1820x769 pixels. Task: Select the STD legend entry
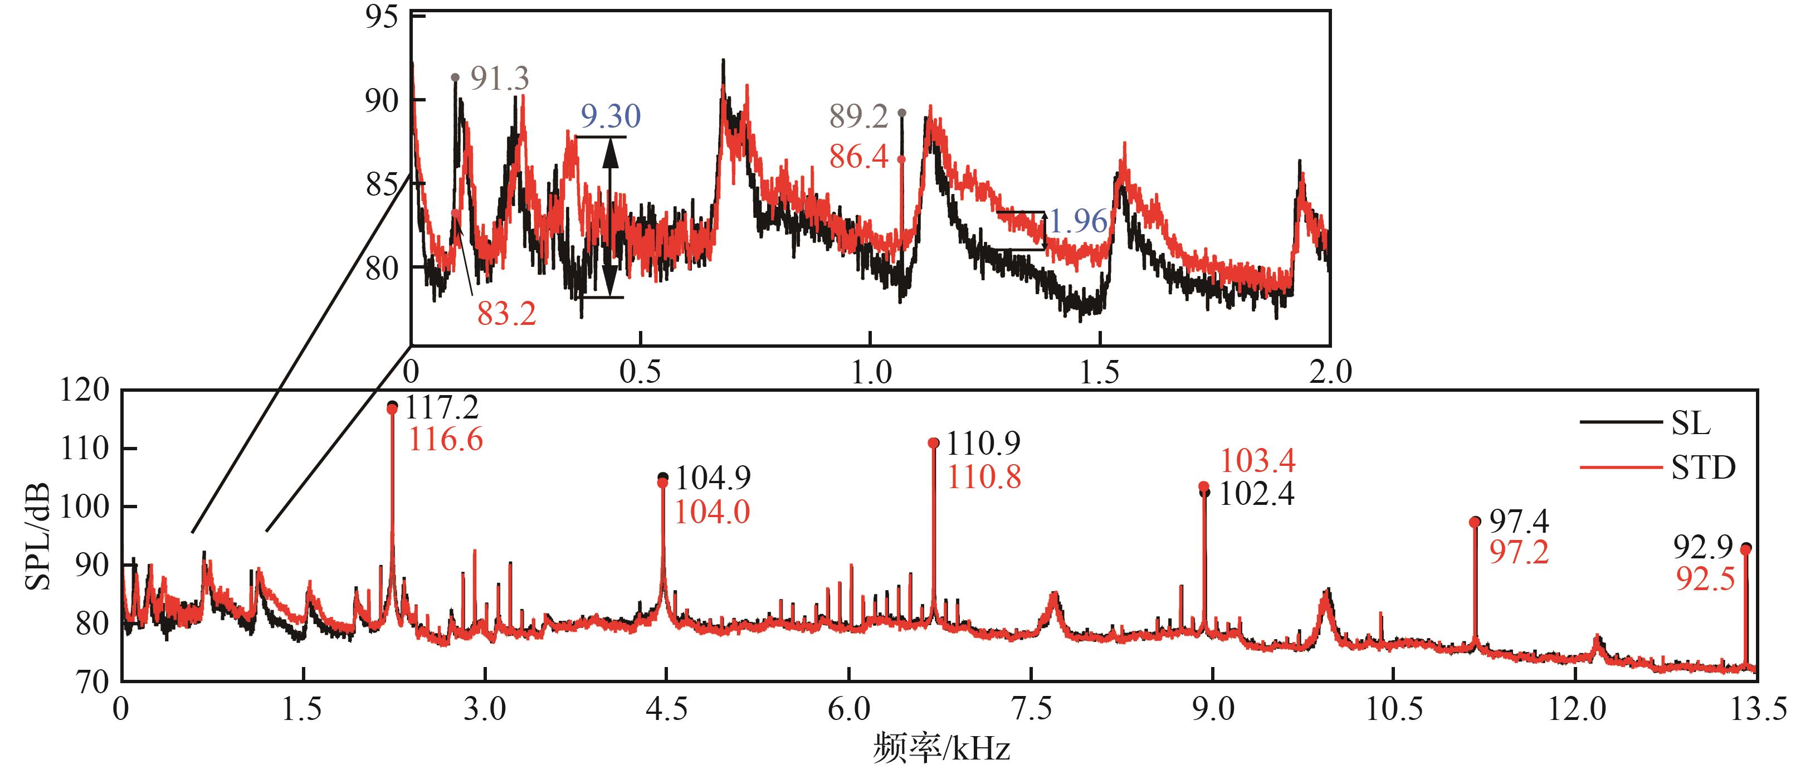point(1702,468)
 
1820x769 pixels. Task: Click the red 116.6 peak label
point(445,440)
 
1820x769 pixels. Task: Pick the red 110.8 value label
point(983,478)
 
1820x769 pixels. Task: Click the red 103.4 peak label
point(1257,461)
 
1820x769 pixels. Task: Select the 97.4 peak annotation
point(1519,522)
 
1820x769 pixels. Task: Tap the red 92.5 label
point(1704,580)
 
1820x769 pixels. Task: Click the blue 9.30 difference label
point(611,116)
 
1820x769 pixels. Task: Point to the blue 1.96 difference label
point(1077,222)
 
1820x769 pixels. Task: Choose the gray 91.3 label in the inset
point(500,79)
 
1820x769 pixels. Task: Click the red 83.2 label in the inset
point(506,313)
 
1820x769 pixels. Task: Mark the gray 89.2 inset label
point(858,116)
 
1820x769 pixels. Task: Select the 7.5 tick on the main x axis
point(1032,709)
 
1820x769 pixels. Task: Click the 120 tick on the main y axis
point(85,390)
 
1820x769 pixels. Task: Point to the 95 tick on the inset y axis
point(382,17)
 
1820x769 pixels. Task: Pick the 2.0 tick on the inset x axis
point(1330,372)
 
